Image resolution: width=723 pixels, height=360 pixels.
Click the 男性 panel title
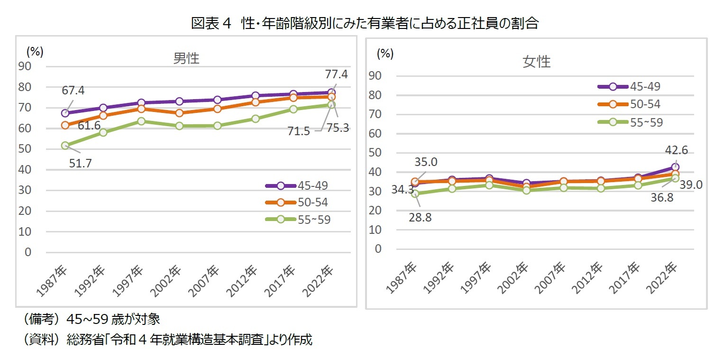coord(186,58)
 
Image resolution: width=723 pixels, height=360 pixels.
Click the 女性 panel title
coord(537,62)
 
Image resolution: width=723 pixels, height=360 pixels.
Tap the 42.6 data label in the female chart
coord(675,150)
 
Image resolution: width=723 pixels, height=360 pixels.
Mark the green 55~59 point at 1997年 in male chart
coord(141,121)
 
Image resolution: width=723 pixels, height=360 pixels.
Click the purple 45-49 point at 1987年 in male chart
coord(65,113)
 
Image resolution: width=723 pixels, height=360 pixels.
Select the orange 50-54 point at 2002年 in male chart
coord(179,113)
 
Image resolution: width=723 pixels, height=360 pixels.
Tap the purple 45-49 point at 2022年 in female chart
coord(675,167)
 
